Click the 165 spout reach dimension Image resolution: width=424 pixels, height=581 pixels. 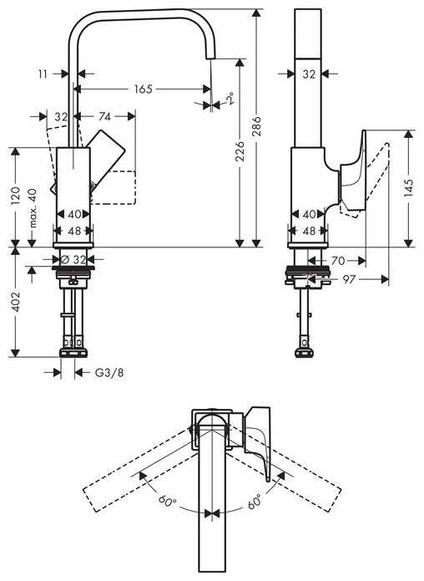tap(144, 89)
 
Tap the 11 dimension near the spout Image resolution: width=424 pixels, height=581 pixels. tap(43, 74)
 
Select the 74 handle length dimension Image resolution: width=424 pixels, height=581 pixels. tap(106, 117)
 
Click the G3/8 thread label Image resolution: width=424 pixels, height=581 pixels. tap(110, 372)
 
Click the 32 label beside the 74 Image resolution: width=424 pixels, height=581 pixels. tap(60, 117)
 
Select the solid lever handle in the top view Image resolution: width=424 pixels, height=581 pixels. tap(260, 443)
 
